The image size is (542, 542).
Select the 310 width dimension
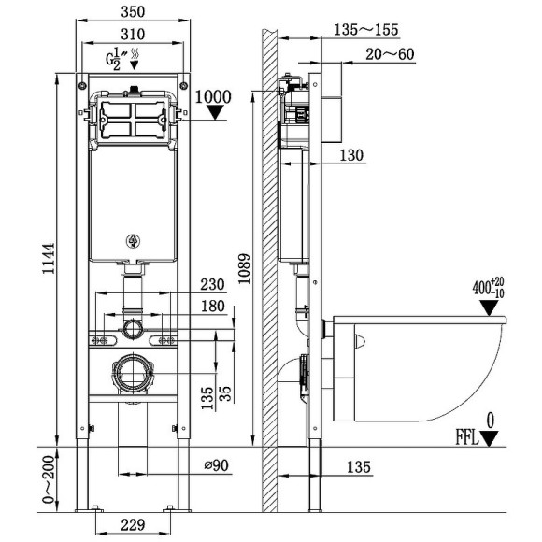point(131,35)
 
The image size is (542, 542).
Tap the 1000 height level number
point(215,95)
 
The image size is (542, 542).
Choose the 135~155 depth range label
point(357,30)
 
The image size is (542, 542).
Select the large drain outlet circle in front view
point(132,374)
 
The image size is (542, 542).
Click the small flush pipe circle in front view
point(132,328)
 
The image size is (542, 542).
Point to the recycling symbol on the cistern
point(132,243)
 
